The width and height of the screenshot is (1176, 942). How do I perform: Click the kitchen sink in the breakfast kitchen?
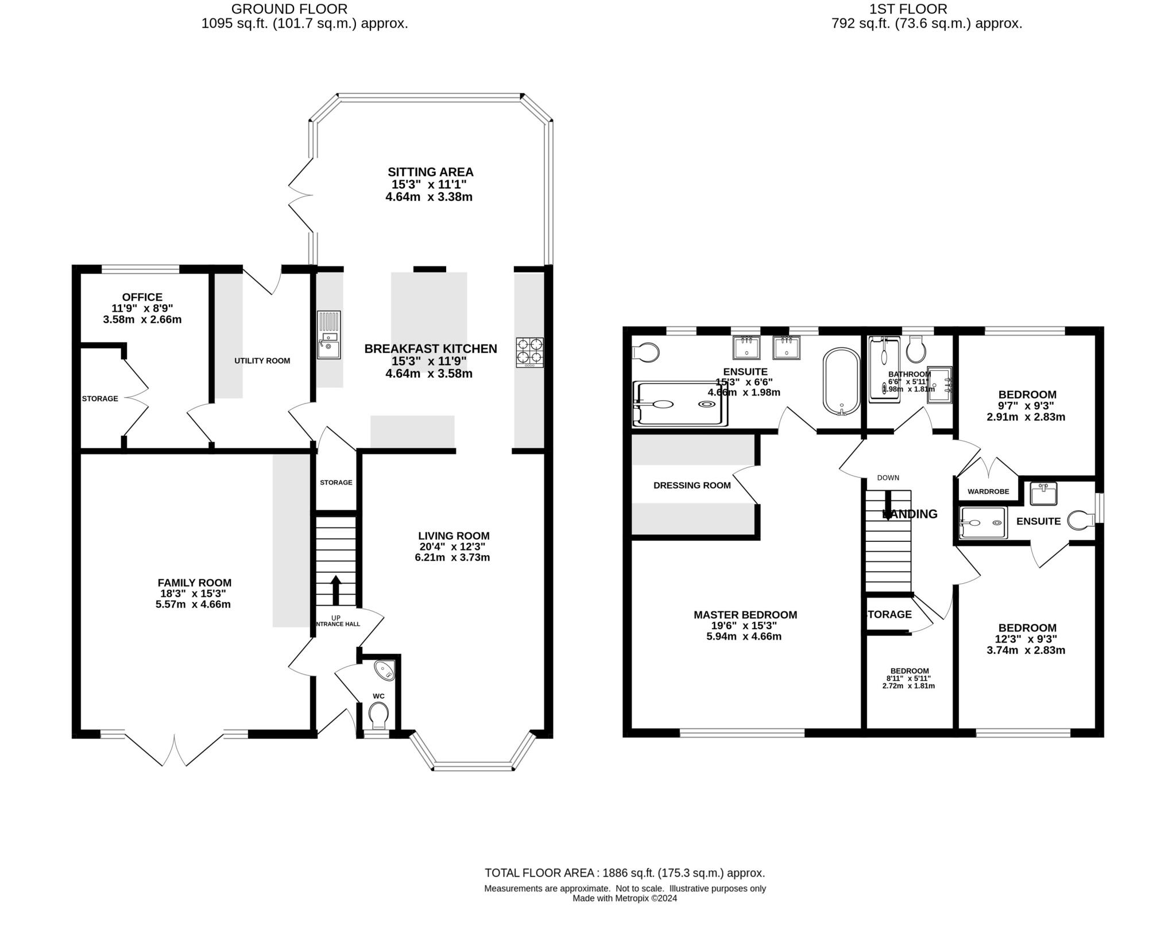coord(329,335)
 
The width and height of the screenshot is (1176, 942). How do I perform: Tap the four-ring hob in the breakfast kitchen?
coord(529,352)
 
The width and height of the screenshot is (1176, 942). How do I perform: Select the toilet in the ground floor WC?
coord(378,715)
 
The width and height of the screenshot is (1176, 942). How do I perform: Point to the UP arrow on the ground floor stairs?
coord(336,589)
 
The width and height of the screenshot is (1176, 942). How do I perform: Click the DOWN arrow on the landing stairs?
coord(888,505)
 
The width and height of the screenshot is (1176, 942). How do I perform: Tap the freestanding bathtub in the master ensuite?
coord(841,381)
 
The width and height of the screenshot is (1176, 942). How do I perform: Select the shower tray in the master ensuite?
coord(680,404)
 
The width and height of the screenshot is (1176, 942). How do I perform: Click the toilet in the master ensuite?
coord(645,352)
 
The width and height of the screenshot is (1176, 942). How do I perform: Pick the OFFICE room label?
coord(142,297)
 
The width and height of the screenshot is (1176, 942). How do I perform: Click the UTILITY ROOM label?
coord(262,360)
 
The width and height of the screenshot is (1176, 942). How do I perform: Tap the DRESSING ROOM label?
coord(692,485)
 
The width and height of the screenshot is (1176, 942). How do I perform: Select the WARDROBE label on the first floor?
coord(988,491)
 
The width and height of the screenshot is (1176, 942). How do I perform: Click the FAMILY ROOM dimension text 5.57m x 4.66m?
coord(193,604)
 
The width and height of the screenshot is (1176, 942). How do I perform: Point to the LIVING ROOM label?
coord(454,536)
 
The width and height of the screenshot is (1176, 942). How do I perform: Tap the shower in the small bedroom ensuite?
coord(982,522)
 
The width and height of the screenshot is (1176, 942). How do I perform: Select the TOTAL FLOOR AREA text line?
coord(625,873)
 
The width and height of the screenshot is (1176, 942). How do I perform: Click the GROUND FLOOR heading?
coord(289,9)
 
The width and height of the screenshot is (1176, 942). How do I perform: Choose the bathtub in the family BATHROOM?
coord(884,369)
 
